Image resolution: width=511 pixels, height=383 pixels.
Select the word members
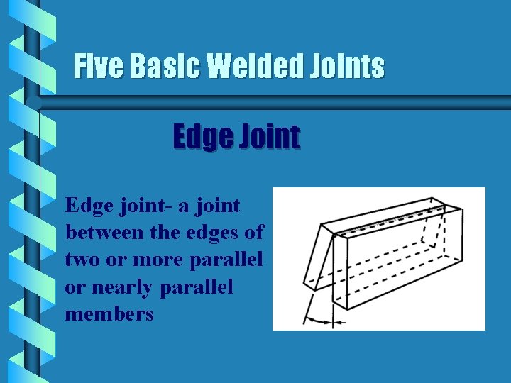(x=109, y=313)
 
